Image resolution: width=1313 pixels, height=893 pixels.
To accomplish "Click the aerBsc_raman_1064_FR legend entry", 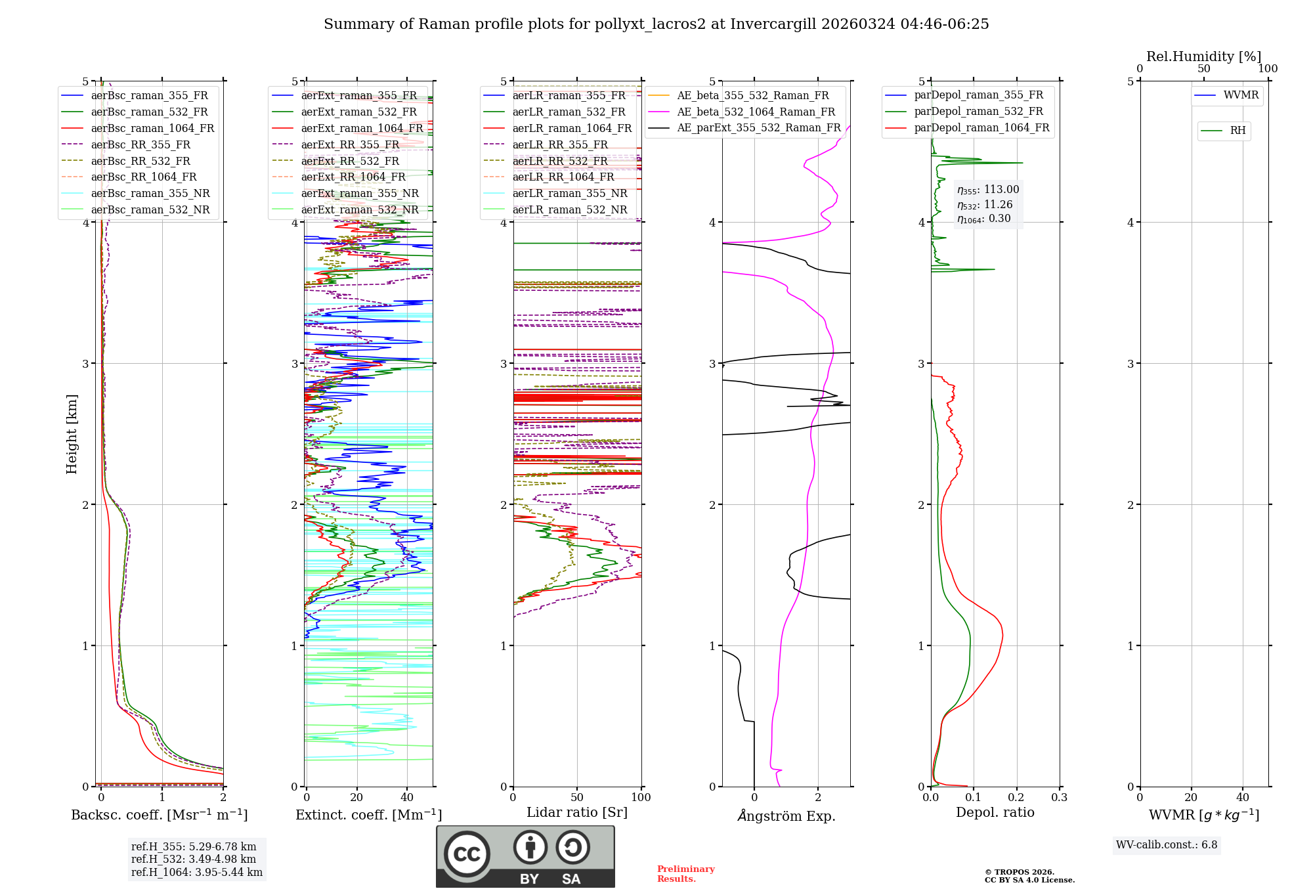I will [152, 128].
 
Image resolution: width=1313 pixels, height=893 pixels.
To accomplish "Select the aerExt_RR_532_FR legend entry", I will [350, 161].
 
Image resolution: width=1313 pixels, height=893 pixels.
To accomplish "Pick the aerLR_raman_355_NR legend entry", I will [570, 193].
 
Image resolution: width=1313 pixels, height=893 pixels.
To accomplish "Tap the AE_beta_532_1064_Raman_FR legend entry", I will [756, 112].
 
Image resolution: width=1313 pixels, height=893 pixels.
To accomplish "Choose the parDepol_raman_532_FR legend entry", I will [978, 111].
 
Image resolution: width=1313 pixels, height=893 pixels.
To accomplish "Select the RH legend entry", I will [1238, 131].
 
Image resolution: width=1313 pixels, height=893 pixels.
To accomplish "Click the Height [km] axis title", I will [72, 434].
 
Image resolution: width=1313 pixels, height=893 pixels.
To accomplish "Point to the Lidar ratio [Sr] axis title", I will [577, 812].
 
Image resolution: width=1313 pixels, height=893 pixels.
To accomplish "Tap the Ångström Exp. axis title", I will [786, 816].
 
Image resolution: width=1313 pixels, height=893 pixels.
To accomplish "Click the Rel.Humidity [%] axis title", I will [1203, 56].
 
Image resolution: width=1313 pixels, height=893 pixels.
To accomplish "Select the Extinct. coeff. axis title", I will [368, 815].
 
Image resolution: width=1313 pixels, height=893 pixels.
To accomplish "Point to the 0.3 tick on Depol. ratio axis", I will [1059, 798].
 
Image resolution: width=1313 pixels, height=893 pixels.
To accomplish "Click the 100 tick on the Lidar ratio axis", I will [641, 798].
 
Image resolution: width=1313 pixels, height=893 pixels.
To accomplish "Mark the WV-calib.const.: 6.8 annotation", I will [1167, 845].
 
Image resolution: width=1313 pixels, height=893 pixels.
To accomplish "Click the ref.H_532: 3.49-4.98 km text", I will [194, 859].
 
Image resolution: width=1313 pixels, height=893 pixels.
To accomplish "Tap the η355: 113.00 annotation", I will [988, 190].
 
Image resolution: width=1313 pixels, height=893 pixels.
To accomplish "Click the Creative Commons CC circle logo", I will [467, 854].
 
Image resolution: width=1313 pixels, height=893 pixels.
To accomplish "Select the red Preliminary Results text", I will [686, 873].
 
